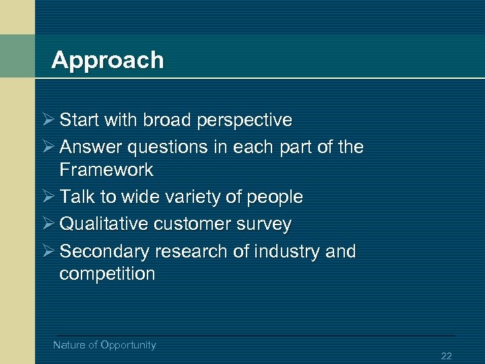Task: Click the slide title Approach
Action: click(107, 61)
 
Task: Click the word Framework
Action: click(106, 169)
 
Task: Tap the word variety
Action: click(190, 197)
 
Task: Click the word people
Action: click(274, 198)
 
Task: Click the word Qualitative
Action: click(104, 224)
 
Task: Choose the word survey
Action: click(265, 224)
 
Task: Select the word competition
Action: click(107, 274)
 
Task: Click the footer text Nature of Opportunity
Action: click(104, 345)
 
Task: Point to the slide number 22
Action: click(446, 356)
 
